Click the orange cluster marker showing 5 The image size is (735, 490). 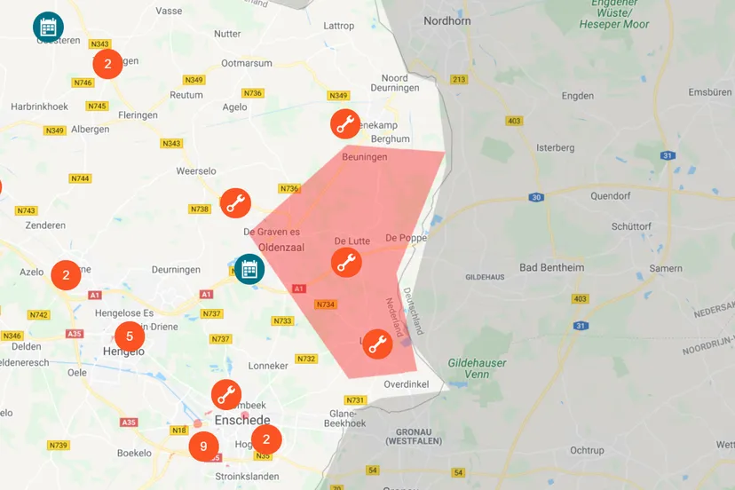(130, 336)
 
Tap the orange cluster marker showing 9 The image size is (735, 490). (203, 447)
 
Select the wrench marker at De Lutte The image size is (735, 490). (346, 262)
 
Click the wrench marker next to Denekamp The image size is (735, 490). (344, 123)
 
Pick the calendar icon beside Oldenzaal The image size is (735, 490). (249, 268)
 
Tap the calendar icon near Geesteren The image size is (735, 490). (48, 27)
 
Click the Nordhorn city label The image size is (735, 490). (447, 20)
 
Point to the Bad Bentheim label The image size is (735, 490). (551, 267)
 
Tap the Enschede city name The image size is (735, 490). (241, 420)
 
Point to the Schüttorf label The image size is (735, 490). (631, 225)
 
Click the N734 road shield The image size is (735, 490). (325, 304)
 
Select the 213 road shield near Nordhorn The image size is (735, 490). (459, 80)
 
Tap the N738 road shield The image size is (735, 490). (200, 209)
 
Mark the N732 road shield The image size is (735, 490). (305, 359)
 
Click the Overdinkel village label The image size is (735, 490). (407, 384)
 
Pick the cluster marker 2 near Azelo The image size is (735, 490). (66, 275)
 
